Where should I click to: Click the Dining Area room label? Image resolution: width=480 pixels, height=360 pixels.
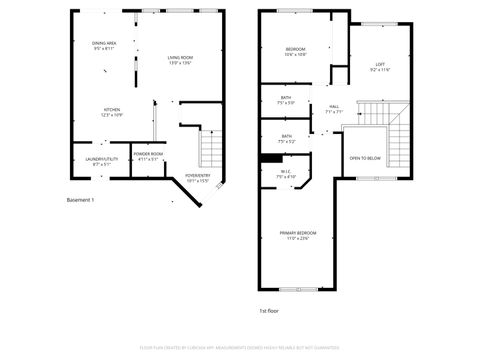click(x=105, y=46)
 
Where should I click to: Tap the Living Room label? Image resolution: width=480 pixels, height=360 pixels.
click(x=180, y=60)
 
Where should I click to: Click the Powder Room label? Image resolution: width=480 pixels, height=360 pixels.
click(x=148, y=156)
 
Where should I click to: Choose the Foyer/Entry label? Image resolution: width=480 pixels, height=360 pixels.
click(x=196, y=179)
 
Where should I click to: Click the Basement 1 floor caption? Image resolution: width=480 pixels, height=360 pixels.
click(x=80, y=200)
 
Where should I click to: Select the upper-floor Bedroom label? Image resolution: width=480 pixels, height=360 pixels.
click(x=295, y=52)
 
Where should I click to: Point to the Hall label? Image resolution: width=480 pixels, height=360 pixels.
click(x=334, y=109)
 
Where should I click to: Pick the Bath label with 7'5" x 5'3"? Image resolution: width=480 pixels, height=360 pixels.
click(x=286, y=100)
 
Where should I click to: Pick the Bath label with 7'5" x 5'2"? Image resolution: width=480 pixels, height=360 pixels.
click(x=286, y=138)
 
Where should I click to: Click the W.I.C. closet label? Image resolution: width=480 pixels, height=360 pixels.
click(x=286, y=174)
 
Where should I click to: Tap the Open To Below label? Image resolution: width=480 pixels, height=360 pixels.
click(x=364, y=158)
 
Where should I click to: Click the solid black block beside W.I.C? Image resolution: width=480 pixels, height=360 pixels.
click(x=269, y=157)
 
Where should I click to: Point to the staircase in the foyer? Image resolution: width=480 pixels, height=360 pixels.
click(x=210, y=150)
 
